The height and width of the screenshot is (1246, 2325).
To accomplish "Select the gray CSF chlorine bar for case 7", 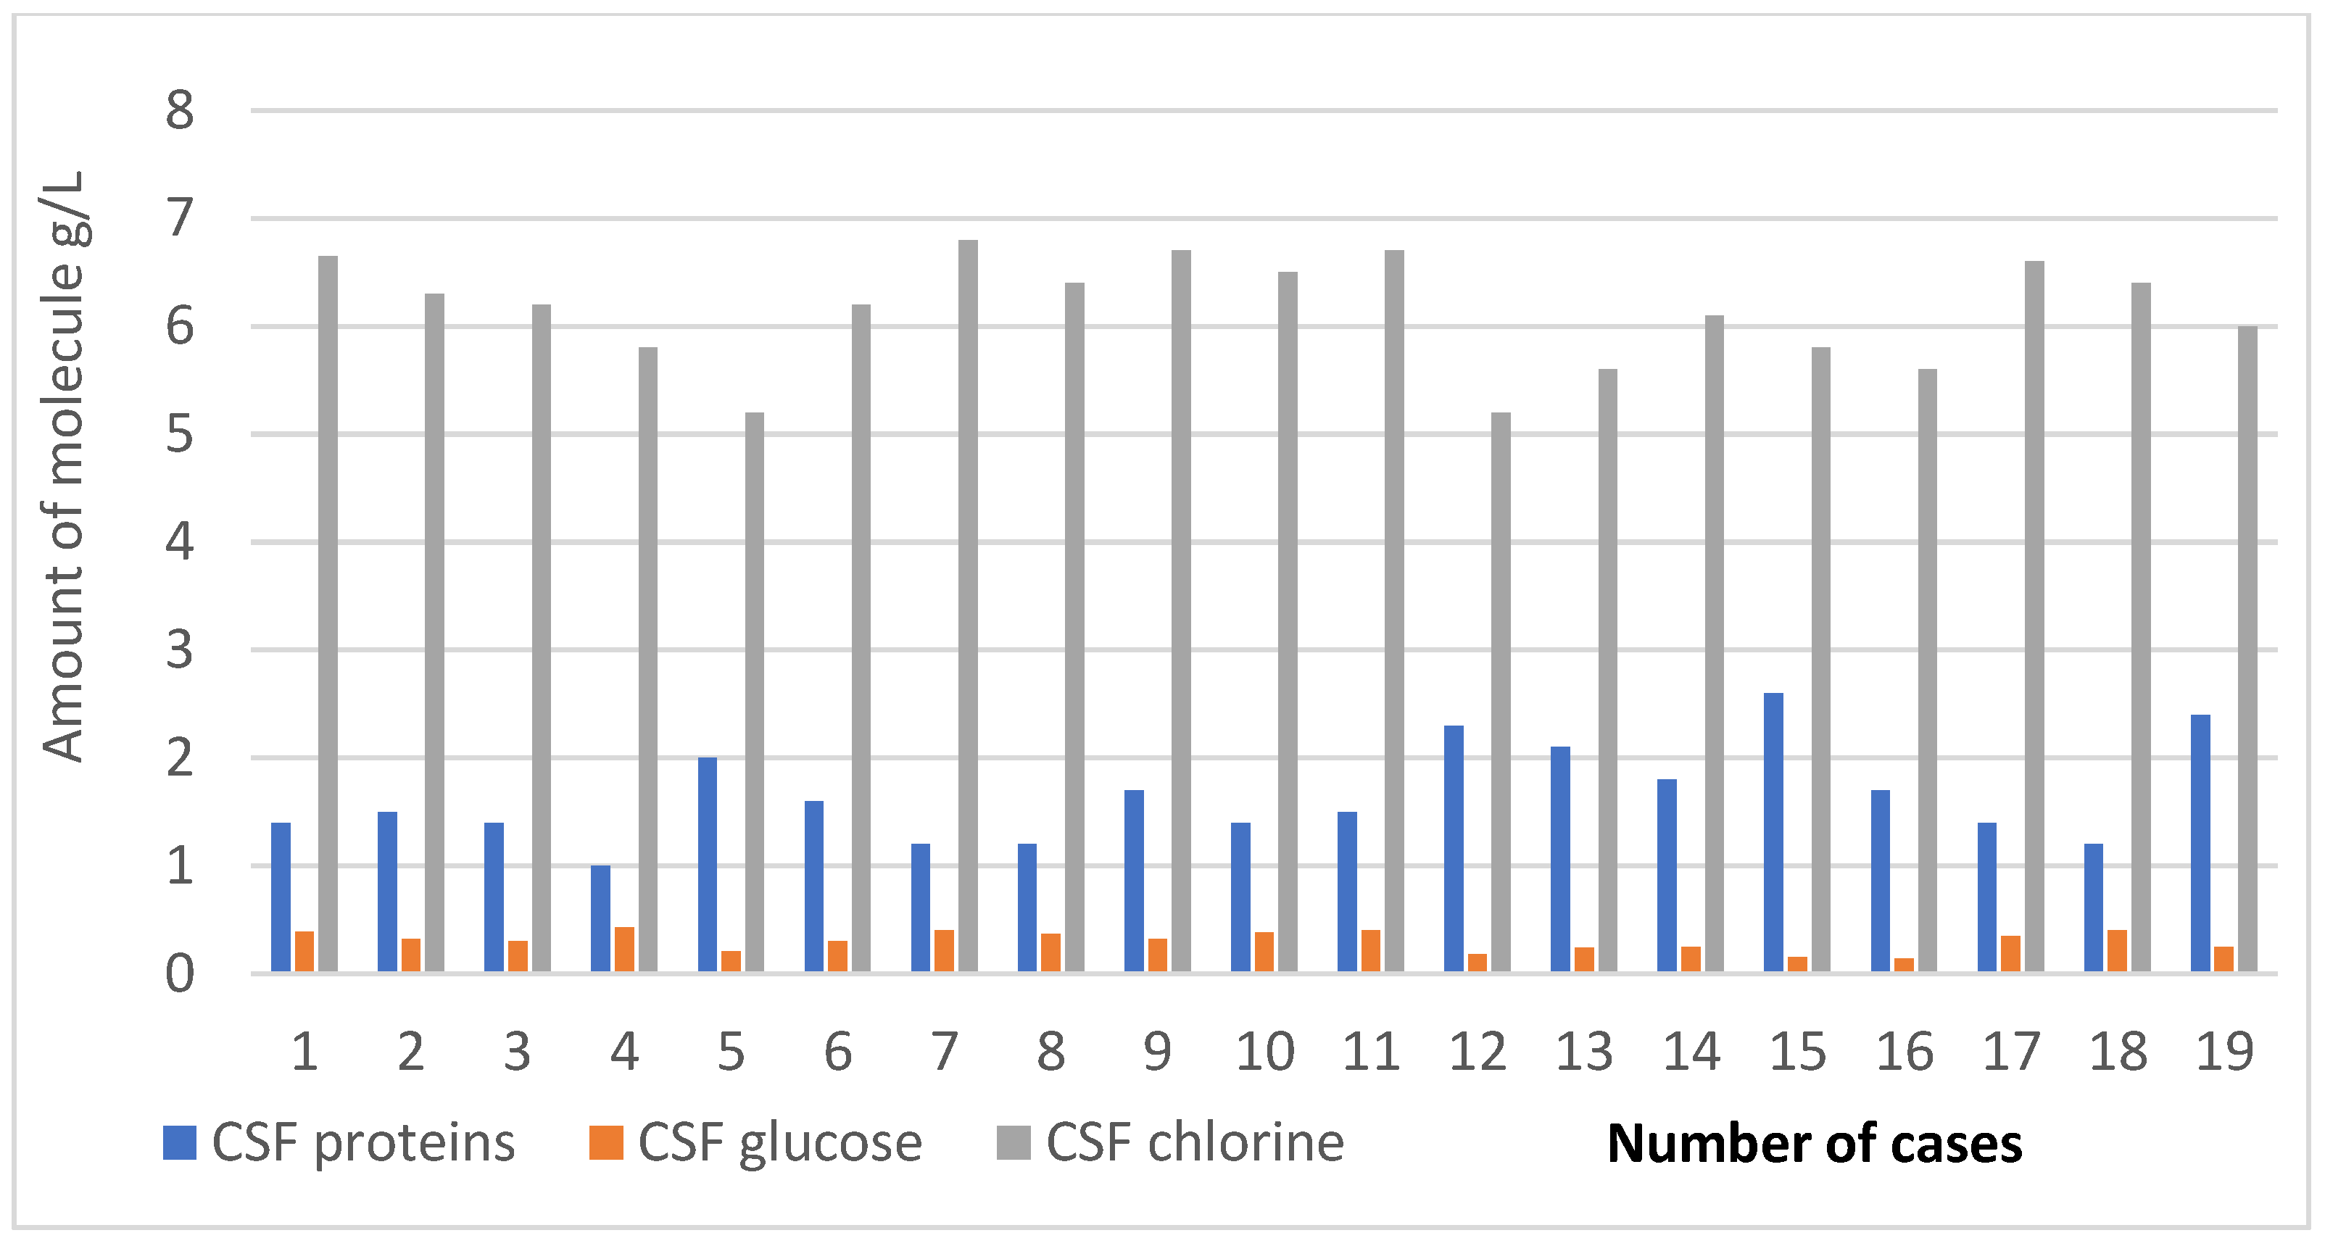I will (968, 605).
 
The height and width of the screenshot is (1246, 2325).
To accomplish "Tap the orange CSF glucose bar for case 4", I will (625, 949).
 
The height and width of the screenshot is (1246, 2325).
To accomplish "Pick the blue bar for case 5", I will (708, 864).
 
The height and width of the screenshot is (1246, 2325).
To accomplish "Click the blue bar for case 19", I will (2200, 843).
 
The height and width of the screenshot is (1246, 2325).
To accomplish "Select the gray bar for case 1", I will (328, 613).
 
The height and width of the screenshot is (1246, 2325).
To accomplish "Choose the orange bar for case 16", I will (1905, 965).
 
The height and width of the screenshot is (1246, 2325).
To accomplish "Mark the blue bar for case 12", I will (1454, 848).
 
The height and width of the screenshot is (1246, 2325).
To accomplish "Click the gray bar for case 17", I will (2034, 616).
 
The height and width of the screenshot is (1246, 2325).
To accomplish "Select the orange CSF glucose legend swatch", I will (605, 1142).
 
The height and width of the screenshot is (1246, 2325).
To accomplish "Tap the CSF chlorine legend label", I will (1194, 1143).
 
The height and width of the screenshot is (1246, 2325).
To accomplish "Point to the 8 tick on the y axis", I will (180, 111).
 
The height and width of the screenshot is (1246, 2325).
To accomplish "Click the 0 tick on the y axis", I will (180, 974).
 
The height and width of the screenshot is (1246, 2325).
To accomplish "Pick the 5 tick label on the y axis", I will (180, 435).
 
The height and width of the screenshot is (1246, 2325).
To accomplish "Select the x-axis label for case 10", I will (1264, 1052).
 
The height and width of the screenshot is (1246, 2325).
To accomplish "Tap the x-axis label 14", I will (1691, 1052).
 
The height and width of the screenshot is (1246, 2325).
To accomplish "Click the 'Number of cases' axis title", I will (1814, 1144).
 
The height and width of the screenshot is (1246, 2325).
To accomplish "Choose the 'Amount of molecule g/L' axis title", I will (63, 467).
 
